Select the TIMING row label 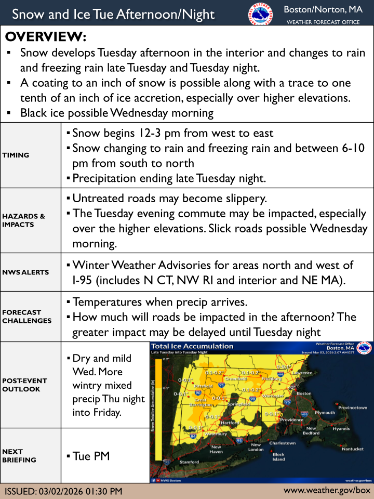[16, 155]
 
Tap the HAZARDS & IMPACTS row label [23, 220]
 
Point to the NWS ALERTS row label [25, 272]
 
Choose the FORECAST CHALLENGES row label [26, 317]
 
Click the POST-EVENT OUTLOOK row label [24, 385]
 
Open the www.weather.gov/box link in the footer [327, 490]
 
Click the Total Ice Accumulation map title [192, 346]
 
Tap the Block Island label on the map [279, 457]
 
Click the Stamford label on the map [189, 462]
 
